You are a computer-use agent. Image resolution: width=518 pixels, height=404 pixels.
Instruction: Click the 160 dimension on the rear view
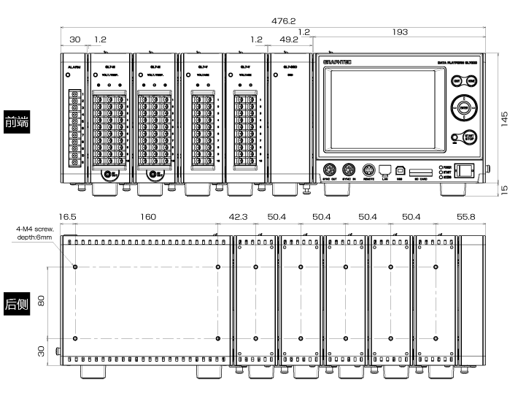148,217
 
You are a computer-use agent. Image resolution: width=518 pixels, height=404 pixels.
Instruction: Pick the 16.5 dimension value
68,217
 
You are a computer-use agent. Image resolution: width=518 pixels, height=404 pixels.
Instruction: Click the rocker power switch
464,170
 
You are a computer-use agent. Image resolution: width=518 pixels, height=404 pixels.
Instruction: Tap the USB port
400,168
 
